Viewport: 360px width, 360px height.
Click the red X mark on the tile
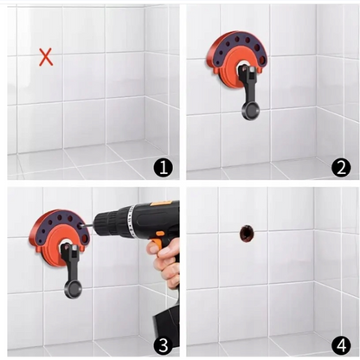click(46, 57)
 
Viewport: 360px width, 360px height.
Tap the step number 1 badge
click(164, 168)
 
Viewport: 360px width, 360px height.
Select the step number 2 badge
click(341, 167)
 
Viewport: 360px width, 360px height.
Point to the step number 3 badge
click(164, 345)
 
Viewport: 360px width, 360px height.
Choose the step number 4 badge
click(341, 345)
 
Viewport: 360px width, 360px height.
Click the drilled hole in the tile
click(247, 234)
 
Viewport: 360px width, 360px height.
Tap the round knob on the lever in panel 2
click(250, 111)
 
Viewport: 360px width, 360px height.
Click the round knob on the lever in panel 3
click(73, 289)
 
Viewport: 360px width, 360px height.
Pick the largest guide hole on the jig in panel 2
click(262, 60)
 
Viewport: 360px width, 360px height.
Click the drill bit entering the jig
click(88, 226)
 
